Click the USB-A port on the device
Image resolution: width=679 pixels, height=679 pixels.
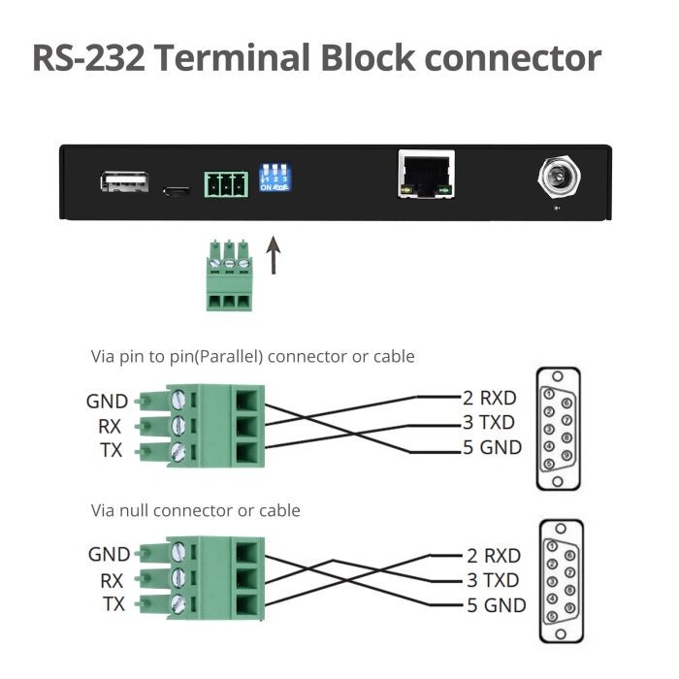coord(123,181)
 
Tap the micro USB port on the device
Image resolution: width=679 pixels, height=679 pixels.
coord(176,190)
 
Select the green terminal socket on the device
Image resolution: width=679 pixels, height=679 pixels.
coord(225,182)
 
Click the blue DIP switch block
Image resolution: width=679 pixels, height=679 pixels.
coord(275,180)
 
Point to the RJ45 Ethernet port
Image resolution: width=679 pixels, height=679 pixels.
coord(426,175)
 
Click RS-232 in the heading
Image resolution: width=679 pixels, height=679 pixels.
coord(89,57)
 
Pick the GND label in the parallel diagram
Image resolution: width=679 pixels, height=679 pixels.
coord(107,401)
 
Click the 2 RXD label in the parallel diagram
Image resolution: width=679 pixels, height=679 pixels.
coord(489,397)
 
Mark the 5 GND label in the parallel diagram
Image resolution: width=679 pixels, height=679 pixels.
coord(492,447)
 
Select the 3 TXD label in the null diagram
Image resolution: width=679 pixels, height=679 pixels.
coord(493,581)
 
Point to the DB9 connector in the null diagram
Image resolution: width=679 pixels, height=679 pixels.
coord(559,580)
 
